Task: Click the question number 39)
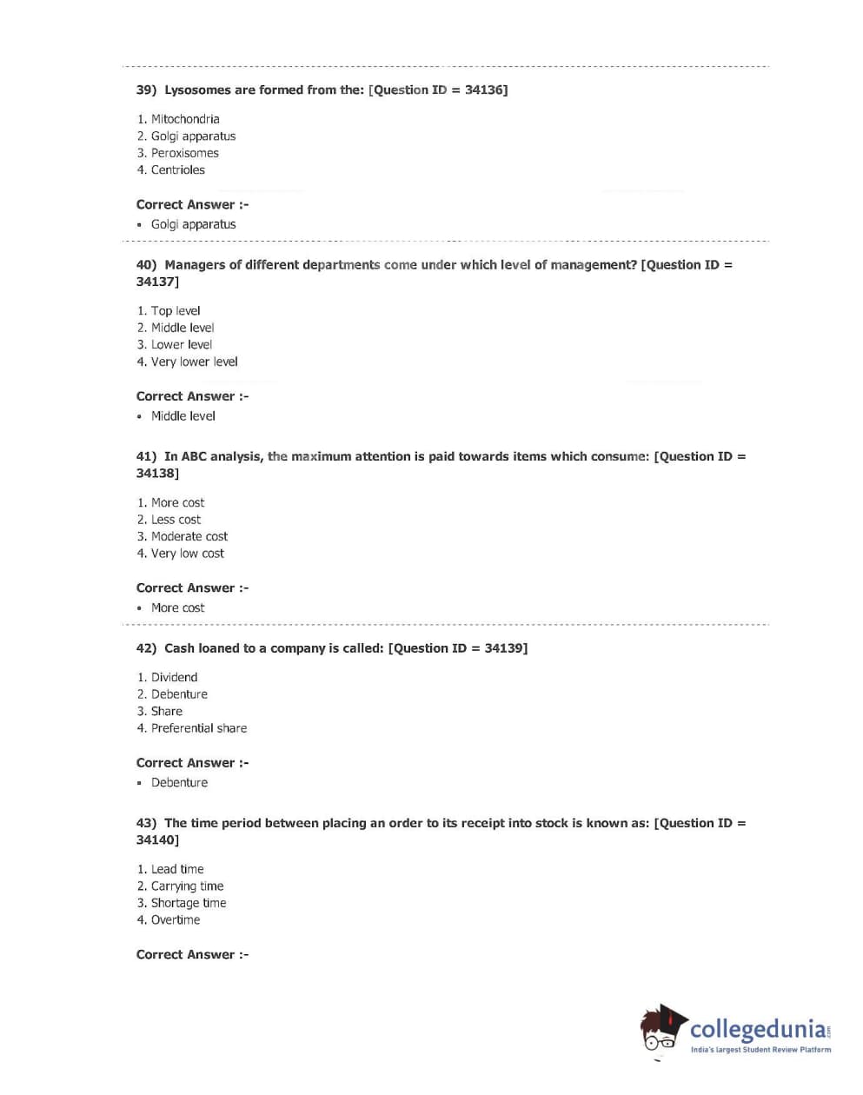[x=146, y=90]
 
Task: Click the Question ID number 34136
[x=483, y=90]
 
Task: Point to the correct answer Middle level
[x=183, y=416]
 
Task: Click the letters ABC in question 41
[x=194, y=456]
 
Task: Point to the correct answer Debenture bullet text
[x=179, y=783]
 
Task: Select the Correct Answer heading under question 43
[x=192, y=955]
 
